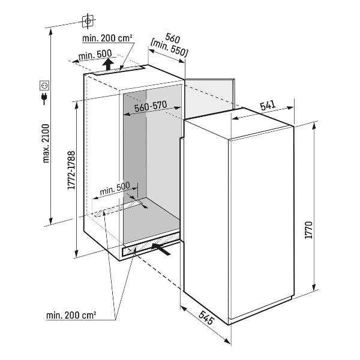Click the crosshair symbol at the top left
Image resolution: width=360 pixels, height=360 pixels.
pos(88,21)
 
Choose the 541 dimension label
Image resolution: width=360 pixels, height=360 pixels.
pos(267,106)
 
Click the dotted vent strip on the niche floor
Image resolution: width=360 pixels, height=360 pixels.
pos(120,208)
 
